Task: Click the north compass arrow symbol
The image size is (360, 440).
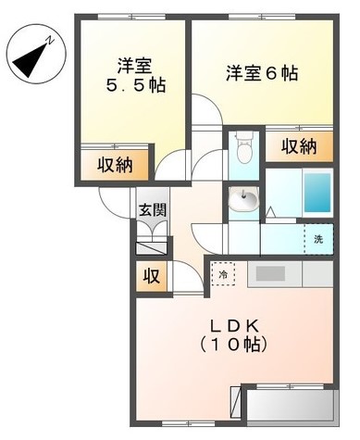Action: [x=36, y=56]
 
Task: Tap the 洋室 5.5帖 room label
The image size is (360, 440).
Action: [x=134, y=75]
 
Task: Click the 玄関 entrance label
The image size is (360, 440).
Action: [x=153, y=210]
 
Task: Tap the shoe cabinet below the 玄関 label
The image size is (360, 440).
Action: [x=151, y=245]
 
